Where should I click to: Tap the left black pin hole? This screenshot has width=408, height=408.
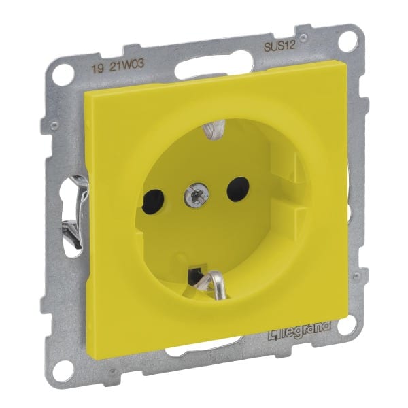[x=153, y=201]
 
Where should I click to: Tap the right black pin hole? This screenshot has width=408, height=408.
[x=238, y=189]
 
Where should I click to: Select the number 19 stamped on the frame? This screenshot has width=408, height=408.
[x=97, y=69]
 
